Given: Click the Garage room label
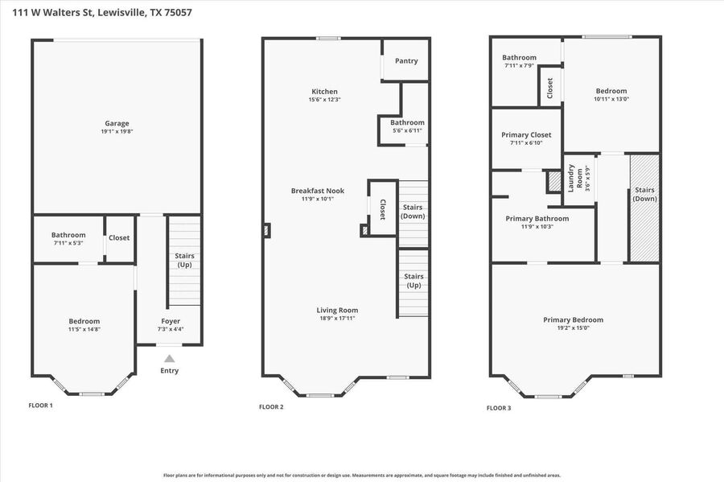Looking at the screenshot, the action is click(117, 123).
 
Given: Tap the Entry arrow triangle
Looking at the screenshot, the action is click(170, 358).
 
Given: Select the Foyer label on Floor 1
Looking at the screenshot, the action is click(171, 321).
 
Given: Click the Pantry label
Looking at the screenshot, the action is click(406, 60).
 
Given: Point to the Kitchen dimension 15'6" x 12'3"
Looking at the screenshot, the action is click(325, 99).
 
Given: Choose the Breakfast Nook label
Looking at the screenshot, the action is click(318, 191).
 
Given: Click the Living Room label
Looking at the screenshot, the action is click(337, 311).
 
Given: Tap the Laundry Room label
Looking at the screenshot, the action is click(575, 178).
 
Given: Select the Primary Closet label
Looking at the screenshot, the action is click(526, 135).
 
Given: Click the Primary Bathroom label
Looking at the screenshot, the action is click(537, 218).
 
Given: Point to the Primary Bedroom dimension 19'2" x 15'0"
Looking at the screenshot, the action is click(573, 328).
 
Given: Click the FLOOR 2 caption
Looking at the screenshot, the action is click(271, 406).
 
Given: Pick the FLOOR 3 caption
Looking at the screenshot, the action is click(499, 408).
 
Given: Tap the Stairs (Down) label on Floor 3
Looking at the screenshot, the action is click(644, 194).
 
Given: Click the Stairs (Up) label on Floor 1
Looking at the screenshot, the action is click(184, 260).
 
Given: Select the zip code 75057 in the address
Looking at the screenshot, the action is click(178, 12).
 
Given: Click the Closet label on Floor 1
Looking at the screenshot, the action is click(119, 237).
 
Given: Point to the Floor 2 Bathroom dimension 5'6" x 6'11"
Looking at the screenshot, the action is click(407, 130).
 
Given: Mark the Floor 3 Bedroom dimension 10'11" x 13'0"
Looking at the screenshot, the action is click(611, 99).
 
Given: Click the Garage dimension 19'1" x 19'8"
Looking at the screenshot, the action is click(117, 132).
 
